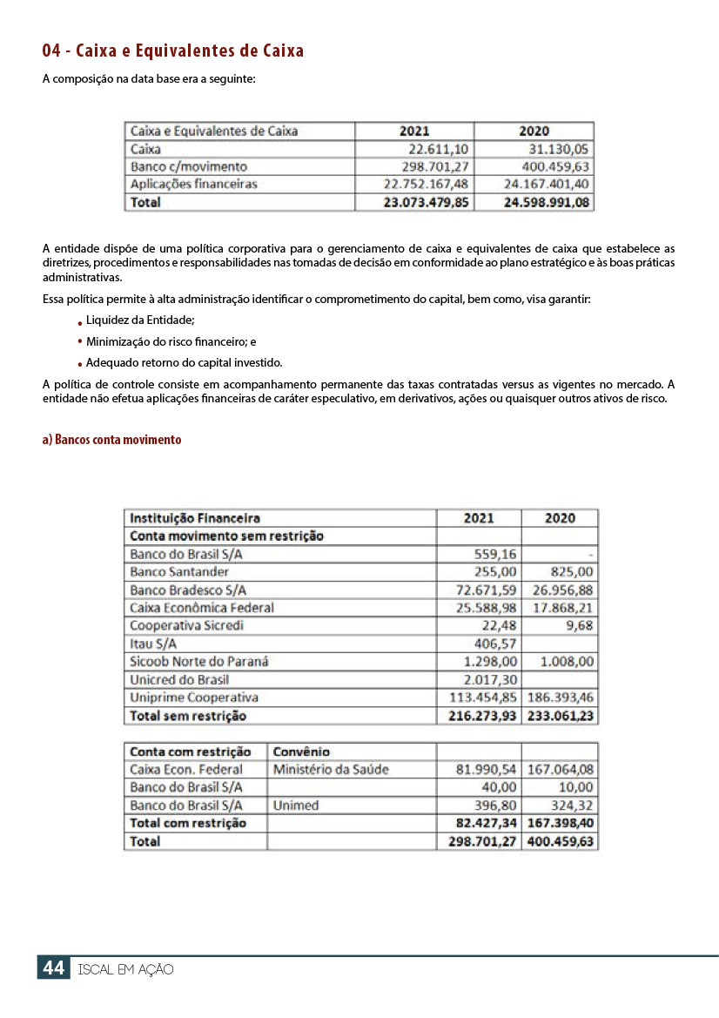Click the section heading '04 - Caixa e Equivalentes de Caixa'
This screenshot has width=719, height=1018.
coord(173,51)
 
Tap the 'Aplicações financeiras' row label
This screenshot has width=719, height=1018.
coord(193,184)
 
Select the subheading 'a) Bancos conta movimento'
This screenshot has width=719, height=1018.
coord(111,440)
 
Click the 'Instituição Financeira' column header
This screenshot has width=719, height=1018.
coord(194,518)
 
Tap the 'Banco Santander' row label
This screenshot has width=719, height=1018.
coord(179,572)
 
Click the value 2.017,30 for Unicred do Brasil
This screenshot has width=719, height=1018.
coord(490,679)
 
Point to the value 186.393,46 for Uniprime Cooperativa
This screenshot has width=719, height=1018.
coord(561,698)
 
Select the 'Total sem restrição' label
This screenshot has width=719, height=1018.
coord(188,716)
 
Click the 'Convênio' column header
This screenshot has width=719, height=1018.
coord(301,752)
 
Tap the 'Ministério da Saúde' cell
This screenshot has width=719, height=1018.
coord(331,770)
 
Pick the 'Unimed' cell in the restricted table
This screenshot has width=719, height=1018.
coord(296,806)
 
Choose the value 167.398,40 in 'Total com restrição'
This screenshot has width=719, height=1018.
coord(561,823)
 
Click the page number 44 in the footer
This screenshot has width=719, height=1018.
coord(54,967)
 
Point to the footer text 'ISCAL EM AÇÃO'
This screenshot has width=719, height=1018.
coord(125,969)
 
